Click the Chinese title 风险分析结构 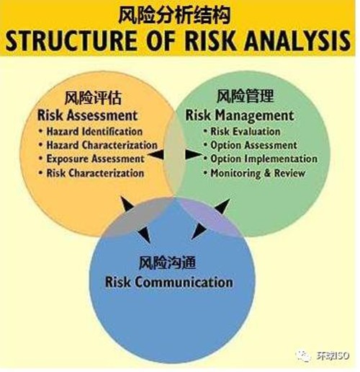(174, 16)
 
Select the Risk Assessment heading (87, 115)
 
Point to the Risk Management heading (240, 115)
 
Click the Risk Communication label (168, 282)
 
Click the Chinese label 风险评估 (93, 98)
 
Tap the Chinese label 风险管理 (245, 96)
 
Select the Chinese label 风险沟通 (167, 262)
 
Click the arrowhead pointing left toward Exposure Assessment (156, 154)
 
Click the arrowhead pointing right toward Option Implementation (194, 154)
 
